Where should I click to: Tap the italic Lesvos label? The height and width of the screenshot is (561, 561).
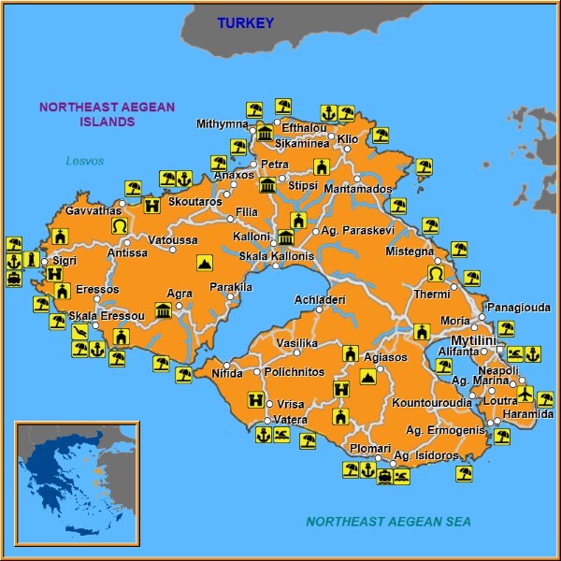(x=84, y=160)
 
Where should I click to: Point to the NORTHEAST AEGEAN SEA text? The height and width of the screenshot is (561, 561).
(x=388, y=522)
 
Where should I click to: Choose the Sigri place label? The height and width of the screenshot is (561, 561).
(x=65, y=261)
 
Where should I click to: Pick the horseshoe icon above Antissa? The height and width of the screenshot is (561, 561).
(x=119, y=226)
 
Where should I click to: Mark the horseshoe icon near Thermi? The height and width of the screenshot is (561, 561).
(x=436, y=273)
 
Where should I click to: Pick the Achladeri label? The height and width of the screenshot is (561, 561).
(x=320, y=299)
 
